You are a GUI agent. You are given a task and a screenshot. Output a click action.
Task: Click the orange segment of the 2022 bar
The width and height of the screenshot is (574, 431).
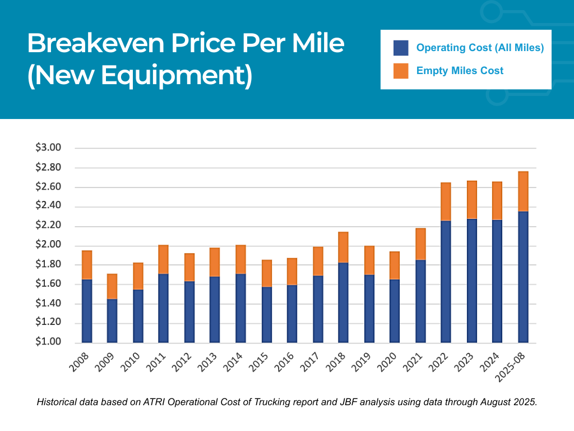click(446, 201)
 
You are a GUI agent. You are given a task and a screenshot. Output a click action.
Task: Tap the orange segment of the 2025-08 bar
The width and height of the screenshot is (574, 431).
click(523, 191)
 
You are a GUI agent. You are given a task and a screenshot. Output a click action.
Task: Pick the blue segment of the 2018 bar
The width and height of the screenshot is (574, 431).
click(344, 302)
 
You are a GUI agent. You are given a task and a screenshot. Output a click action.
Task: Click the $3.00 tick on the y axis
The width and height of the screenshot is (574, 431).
click(48, 148)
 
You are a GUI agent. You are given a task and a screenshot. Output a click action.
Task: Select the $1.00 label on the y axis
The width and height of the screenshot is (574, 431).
click(48, 342)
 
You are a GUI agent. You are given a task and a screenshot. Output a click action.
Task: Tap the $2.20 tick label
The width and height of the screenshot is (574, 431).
click(48, 226)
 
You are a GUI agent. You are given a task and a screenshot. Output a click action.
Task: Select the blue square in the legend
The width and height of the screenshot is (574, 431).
click(401, 48)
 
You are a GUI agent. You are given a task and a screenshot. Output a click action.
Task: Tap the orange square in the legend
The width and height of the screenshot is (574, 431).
click(401, 71)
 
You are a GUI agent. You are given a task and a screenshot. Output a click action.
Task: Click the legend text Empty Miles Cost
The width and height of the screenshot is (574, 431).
click(460, 71)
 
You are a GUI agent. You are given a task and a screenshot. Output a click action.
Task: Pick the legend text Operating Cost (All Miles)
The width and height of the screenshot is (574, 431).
click(480, 48)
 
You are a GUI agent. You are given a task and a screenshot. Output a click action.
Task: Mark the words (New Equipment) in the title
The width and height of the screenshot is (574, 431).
click(140, 76)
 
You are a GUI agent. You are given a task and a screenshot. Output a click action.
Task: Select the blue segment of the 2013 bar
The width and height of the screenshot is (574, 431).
click(215, 309)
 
